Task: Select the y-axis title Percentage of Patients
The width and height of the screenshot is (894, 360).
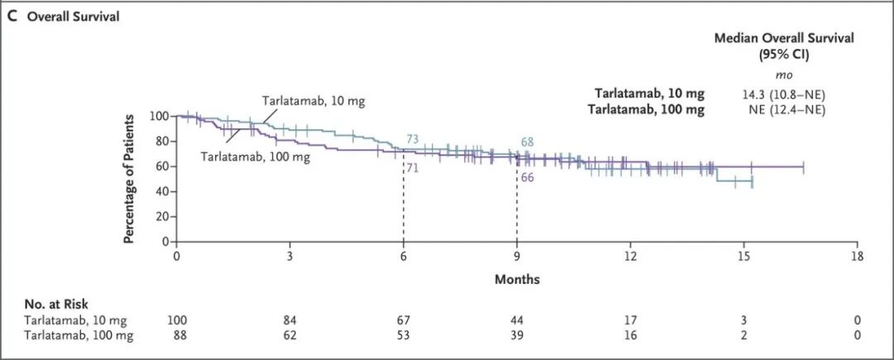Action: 130,178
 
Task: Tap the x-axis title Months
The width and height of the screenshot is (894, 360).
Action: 517,279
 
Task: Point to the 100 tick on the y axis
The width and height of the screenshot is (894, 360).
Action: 160,116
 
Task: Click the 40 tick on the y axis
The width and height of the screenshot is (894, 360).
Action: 163,191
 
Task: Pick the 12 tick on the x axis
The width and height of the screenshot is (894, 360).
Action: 630,257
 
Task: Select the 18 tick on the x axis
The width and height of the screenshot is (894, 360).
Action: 858,257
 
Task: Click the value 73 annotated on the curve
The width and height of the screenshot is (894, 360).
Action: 414,139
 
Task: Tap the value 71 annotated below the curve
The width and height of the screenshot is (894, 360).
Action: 411,168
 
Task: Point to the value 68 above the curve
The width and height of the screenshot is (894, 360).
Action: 527,142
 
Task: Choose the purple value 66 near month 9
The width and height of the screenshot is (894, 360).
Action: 528,176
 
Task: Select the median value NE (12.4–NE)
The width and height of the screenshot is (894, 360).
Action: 784,109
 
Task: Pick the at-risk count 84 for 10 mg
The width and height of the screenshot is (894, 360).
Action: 290,320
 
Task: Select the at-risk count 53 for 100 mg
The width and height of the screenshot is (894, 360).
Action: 403,334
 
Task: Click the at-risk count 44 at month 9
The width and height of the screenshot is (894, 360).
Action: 517,320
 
